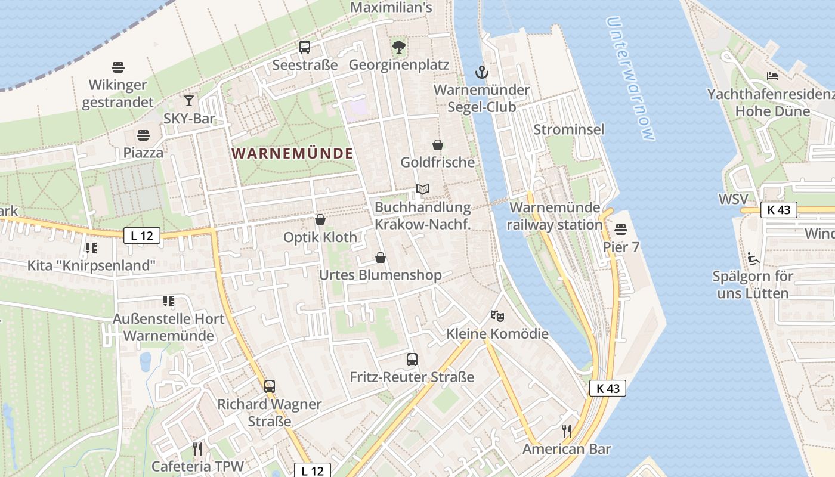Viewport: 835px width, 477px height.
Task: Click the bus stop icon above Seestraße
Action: tap(305, 47)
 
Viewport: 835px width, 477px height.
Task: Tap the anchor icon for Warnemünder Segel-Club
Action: tap(481, 73)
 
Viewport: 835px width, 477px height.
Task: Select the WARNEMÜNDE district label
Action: tap(292, 153)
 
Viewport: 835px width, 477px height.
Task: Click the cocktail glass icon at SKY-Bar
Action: tap(189, 100)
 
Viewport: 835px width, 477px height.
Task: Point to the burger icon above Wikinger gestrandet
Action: tap(117, 67)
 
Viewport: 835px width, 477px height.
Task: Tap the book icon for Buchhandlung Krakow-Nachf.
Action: tap(423, 190)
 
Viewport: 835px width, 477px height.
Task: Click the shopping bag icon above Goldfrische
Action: tap(438, 145)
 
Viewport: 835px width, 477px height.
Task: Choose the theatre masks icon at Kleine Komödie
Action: tap(497, 315)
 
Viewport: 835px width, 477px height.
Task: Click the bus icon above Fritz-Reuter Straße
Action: tap(412, 359)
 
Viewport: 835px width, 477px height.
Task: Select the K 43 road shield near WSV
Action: tap(779, 210)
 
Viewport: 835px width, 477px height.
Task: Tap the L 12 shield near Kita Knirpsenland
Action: tap(142, 236)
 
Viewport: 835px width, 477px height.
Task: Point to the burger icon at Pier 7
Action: tap(621, 230)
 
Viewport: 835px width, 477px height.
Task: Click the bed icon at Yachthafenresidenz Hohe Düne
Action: tap(772, 76)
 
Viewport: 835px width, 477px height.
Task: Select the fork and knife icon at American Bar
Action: tap(567, 430)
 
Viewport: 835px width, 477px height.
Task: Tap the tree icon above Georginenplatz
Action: tap(398, 47)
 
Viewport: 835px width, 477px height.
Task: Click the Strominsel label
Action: tap(568, 129)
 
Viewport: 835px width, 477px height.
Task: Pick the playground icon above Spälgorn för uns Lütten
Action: tap(753, 259)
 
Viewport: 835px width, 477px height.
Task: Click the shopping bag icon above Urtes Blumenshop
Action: tap(381, 258)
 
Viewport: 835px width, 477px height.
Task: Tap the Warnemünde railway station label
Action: tap(555, 216)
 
